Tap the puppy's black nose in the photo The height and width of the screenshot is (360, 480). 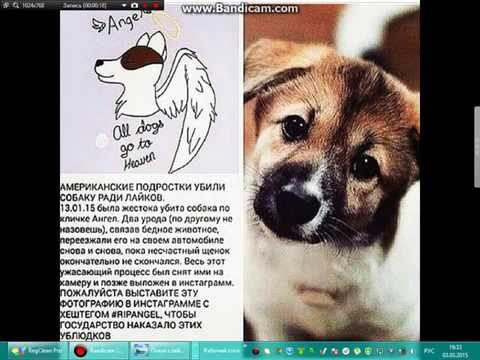(292, 203)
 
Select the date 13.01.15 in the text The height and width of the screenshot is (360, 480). (82, 210)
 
